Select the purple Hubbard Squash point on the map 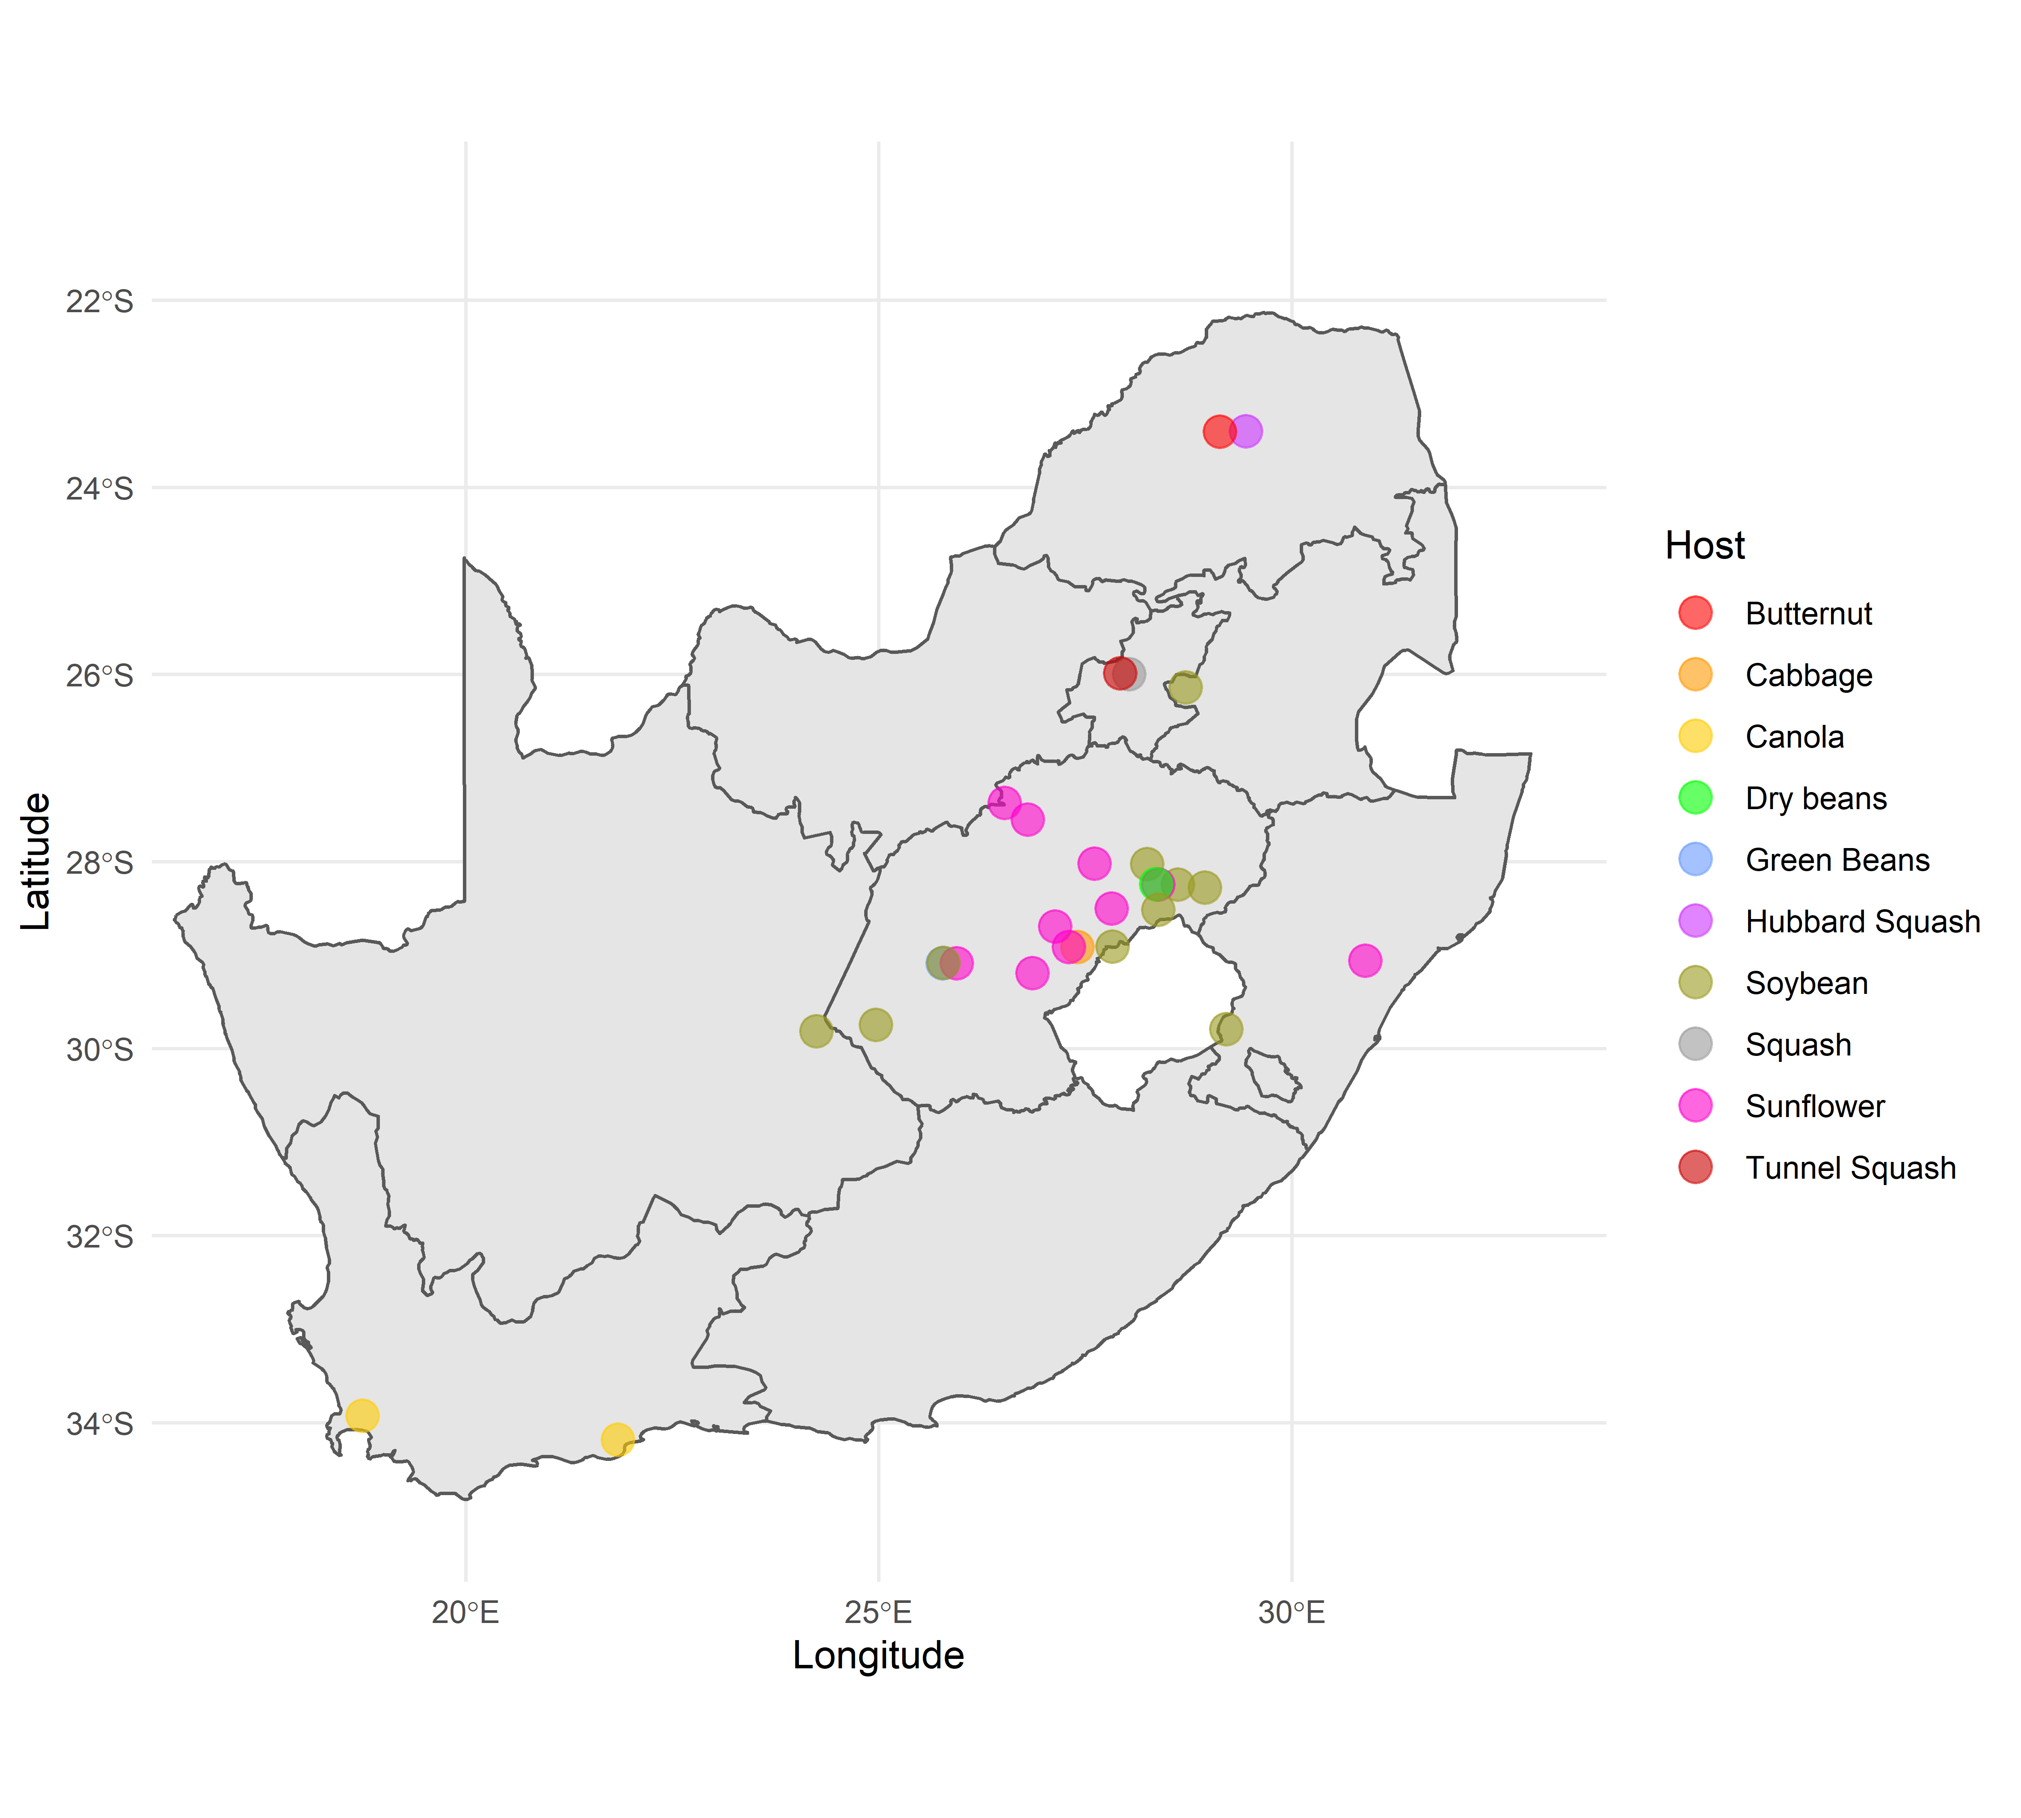pos(1246,432)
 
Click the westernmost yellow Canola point pos(362,1416)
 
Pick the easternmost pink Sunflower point pos(1365,961)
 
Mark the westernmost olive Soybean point pos(816,1031)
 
